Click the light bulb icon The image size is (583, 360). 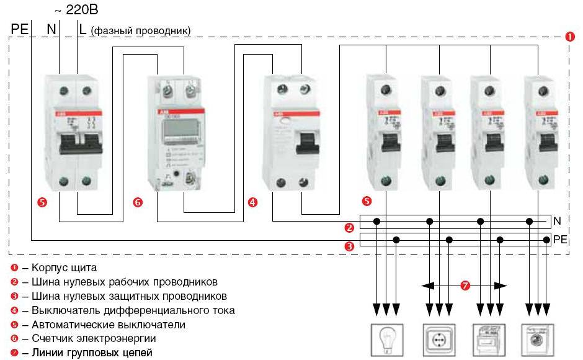coord(385,340)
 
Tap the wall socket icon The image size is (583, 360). coord(438,340)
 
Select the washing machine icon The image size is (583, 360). coord(536,340)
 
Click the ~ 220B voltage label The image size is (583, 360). coord(76,11)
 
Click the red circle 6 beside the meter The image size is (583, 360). coord(138,202)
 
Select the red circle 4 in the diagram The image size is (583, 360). coord(252,202)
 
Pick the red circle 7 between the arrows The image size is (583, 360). coord(465,286)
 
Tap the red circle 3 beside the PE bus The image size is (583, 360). coord(350,246)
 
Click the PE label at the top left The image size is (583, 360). coord(19,29)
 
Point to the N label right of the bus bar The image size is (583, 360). coord(557,220)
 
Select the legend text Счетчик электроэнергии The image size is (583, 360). coord(89,338)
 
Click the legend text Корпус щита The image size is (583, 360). coord(60,268)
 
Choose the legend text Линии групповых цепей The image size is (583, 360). coord(87,353)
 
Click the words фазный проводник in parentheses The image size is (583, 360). coord(141,30)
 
